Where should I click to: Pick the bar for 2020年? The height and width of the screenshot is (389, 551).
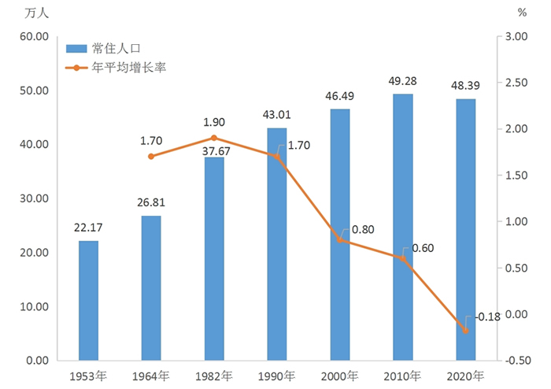click(x=466, y=229)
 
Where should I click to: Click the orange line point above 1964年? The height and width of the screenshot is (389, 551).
click(x=151, y=157)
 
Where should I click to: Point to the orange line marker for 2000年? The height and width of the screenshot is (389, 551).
click(x=340, y=239)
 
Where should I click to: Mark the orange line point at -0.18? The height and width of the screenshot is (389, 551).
click(x=466, y=331)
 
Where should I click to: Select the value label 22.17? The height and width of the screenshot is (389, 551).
click(x=88, y=228)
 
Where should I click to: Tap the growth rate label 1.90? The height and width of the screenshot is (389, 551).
click(x=214, y=123)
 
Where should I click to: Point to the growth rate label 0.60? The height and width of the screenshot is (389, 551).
click(x=422, y=248)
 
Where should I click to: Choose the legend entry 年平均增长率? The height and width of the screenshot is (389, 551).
click(x=129, y=67)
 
